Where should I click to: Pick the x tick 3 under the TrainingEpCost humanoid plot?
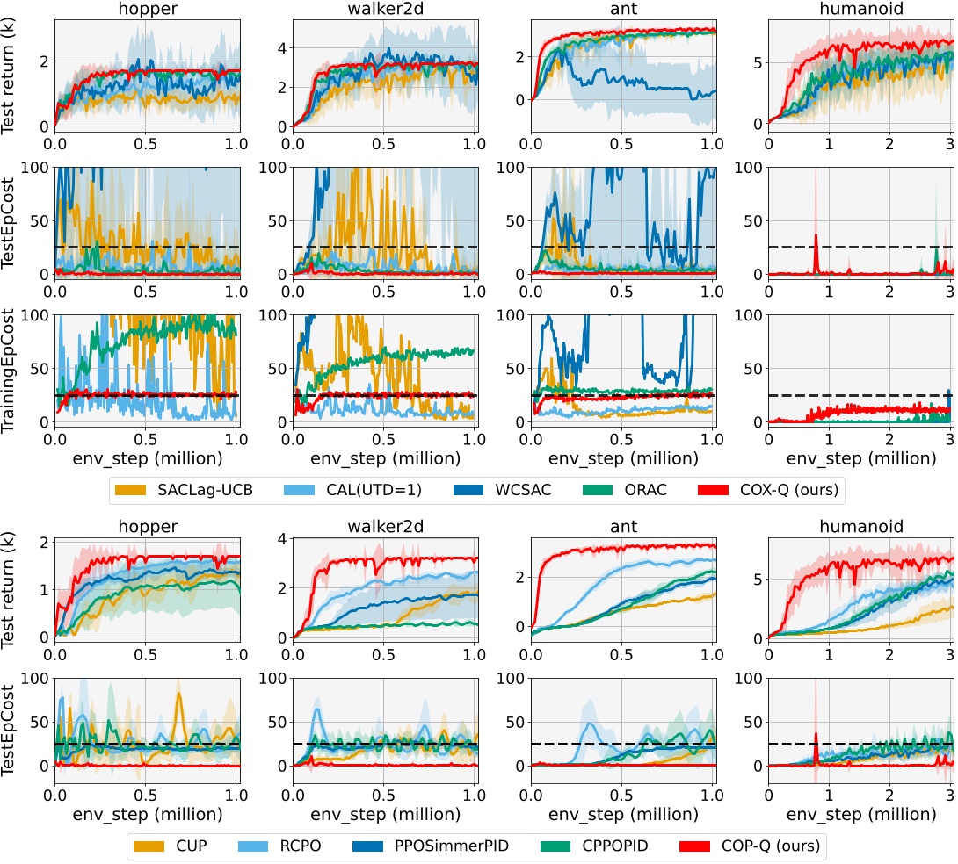(x=948, y=437)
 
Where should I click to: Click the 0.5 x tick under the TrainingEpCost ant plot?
(x=621, y=437)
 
